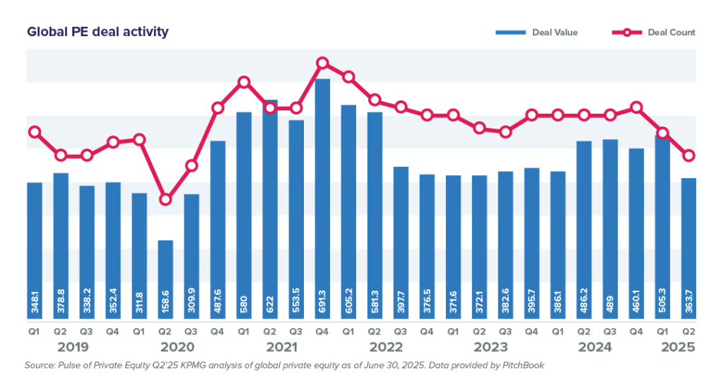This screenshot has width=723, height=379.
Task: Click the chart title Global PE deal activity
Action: [98, 33]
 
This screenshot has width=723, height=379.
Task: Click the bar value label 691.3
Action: [322, 303]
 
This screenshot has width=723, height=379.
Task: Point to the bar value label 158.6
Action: [165, 303]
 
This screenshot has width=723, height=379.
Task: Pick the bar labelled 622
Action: [270, 212]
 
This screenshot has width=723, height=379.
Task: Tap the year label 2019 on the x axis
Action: [74, 347]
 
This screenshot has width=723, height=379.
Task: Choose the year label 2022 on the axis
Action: [386, 347]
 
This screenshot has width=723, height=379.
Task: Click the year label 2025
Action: [677, 347]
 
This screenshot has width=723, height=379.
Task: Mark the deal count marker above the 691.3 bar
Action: [322, 63]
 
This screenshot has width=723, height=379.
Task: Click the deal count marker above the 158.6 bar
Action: [165, 199]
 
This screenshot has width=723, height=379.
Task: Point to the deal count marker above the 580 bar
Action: [244, 82]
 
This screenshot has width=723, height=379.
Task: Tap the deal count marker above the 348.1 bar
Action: [35, 132]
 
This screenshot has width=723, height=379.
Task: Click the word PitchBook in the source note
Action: [524, 365]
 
